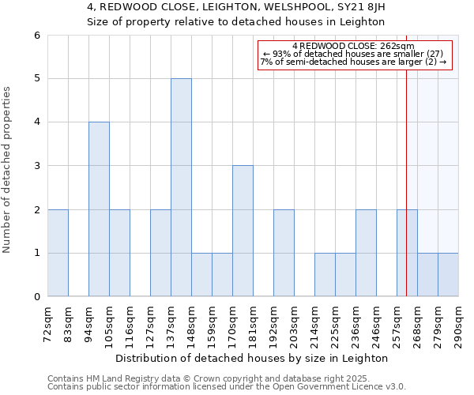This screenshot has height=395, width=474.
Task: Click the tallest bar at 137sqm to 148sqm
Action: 181,187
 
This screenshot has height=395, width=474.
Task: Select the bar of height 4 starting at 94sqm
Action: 99,209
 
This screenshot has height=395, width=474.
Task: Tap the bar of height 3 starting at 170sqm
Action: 243,231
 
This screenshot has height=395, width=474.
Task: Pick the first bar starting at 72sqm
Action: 58,253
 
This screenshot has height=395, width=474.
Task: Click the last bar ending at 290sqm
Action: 448,275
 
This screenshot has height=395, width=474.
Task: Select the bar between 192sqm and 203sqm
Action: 284,253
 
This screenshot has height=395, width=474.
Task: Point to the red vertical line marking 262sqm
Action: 406,197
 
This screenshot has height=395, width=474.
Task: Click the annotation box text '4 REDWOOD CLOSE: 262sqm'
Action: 355,46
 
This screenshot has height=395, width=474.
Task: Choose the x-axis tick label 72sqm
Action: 48,321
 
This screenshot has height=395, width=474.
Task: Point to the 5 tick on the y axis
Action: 36,79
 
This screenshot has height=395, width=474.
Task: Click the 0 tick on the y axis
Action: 36,297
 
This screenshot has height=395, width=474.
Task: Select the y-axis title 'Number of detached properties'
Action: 7,166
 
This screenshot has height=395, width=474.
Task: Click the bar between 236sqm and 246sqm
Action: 366,253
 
